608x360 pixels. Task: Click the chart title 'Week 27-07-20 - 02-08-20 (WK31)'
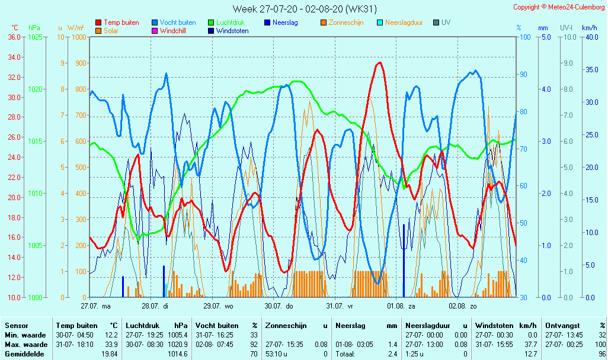304,9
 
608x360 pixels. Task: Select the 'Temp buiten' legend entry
121,22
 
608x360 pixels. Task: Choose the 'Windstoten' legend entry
232,31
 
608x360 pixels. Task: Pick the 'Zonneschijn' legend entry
345,22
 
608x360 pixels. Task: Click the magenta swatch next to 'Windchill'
155,31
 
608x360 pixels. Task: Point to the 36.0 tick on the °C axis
14,37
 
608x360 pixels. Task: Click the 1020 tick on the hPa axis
35,89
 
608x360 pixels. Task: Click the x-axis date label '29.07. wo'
219,306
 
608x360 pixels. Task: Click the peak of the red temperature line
379,62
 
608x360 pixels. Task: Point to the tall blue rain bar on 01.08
404,261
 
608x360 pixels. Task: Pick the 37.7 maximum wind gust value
530,345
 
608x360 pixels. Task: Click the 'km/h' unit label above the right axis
589,28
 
